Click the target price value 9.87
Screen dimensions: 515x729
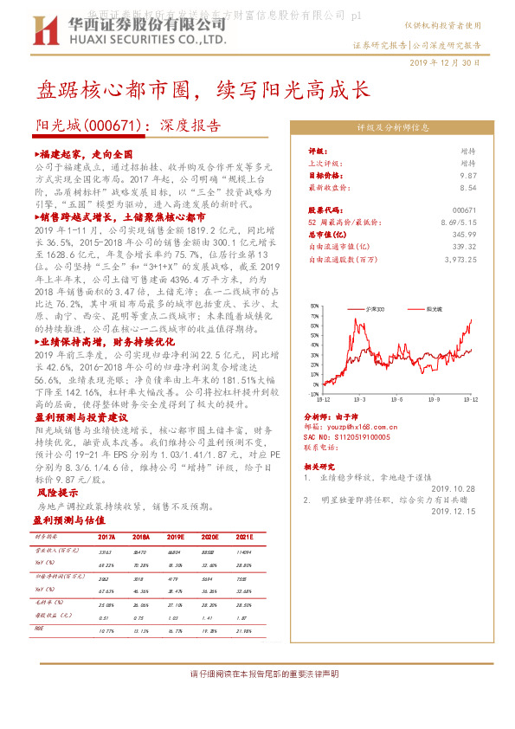click(x=467, y=175)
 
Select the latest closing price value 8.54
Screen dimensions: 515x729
click(x=467, y=187)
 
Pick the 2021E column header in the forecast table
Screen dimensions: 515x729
click(x=245, y=537)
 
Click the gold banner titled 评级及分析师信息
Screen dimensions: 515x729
click(x=394, y=126)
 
